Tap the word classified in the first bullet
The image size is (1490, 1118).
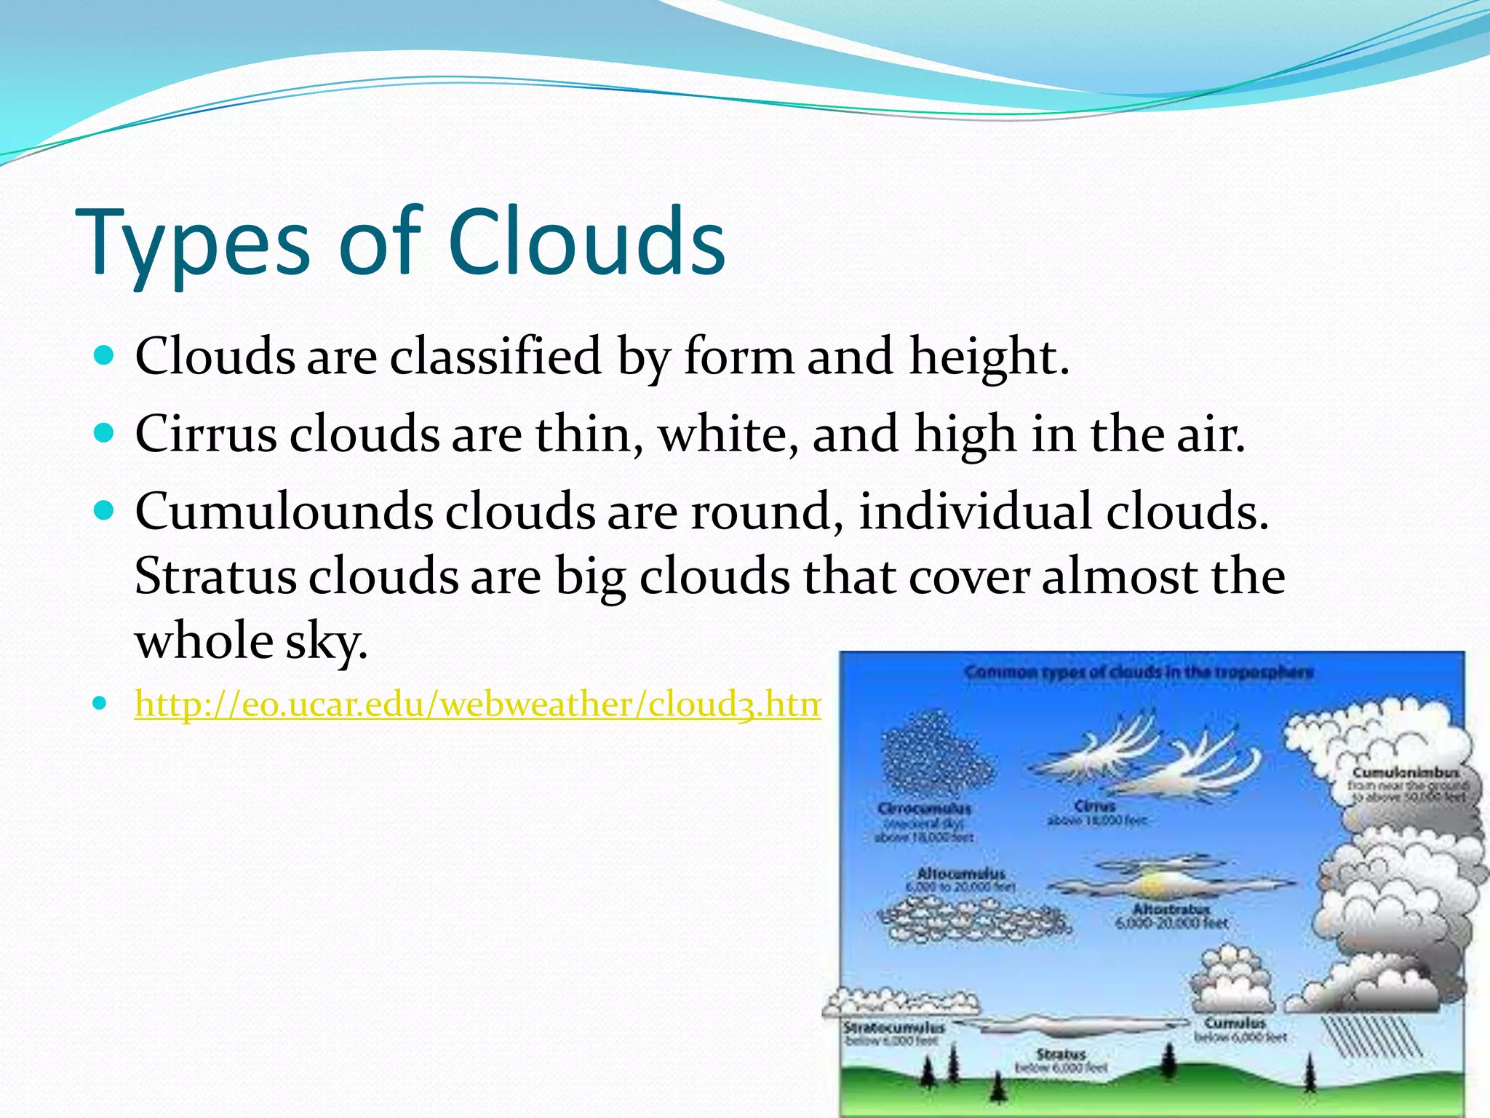click(495, 356)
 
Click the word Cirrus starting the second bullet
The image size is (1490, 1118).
click(206, 434)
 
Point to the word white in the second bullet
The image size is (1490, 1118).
click(728, 434)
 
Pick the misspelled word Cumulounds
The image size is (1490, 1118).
click(284, 511)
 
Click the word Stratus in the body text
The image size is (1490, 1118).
click(215, 576)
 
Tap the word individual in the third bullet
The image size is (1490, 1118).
click(975, 511)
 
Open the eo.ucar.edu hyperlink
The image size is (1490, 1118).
click(477, 704)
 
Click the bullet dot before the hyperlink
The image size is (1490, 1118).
click(101, 704)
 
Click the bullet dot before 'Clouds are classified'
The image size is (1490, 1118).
click(105, 355)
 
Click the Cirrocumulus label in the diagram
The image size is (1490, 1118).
click(924, 809)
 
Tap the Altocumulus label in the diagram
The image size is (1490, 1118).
click(960, 873)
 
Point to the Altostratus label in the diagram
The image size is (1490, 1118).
click(1171, 909)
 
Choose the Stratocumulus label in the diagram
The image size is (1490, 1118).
click(894, 1028)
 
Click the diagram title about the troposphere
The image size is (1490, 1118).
click(1139, 672)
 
